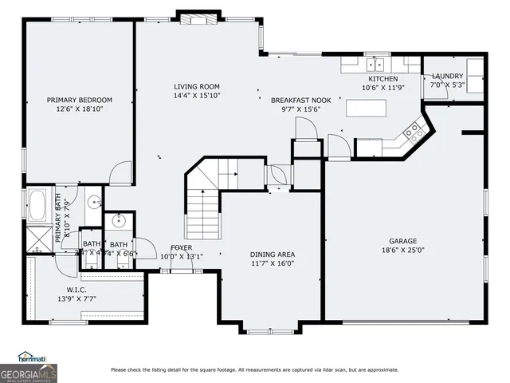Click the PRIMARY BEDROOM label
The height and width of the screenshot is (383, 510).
point(79,100)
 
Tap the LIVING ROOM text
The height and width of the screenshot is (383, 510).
point(197,86)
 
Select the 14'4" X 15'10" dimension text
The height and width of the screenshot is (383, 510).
point(197,96)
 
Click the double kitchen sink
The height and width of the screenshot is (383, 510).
point(375,64)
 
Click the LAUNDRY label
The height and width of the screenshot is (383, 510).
point(447,77)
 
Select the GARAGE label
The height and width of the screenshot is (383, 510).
point(402,241)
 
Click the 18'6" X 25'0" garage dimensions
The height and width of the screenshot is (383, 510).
point(402,250)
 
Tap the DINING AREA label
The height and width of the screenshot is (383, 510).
point(273,255)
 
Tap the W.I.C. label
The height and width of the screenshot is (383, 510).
point(78,289)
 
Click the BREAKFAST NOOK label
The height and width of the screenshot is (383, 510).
point(300,100)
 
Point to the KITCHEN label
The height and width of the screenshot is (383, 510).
point(382,79)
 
